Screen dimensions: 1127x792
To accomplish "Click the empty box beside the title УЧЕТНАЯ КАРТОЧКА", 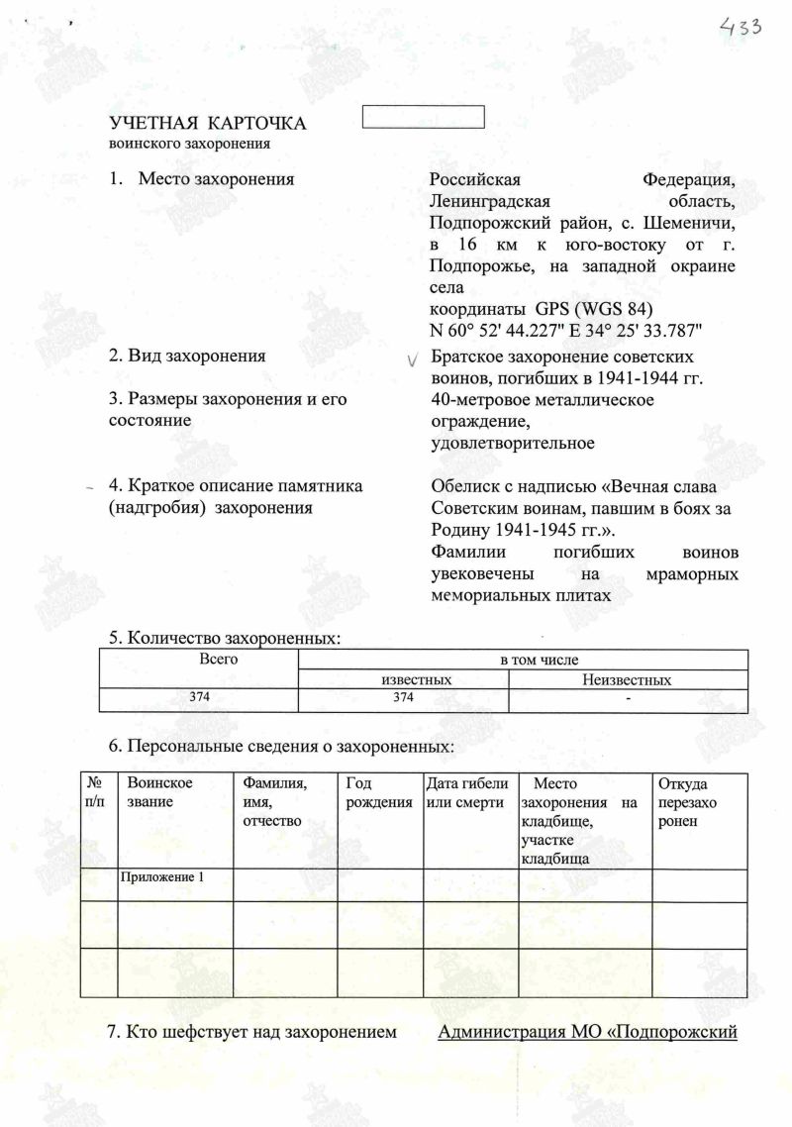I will (424, 116).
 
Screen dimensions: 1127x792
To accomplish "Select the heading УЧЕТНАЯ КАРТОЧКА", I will (207, 124).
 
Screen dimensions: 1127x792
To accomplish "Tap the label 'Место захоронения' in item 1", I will (217, 179).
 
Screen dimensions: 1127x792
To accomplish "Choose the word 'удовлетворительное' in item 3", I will (513, 443).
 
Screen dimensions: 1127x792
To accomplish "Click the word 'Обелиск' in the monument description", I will (463, 486).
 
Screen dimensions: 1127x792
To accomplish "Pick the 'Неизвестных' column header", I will (628, 680).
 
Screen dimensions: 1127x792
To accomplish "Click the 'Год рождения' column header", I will (379, 792).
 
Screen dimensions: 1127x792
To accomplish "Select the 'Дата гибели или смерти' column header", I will (466, 792).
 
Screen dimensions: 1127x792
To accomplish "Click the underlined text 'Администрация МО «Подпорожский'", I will (588, 1033).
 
